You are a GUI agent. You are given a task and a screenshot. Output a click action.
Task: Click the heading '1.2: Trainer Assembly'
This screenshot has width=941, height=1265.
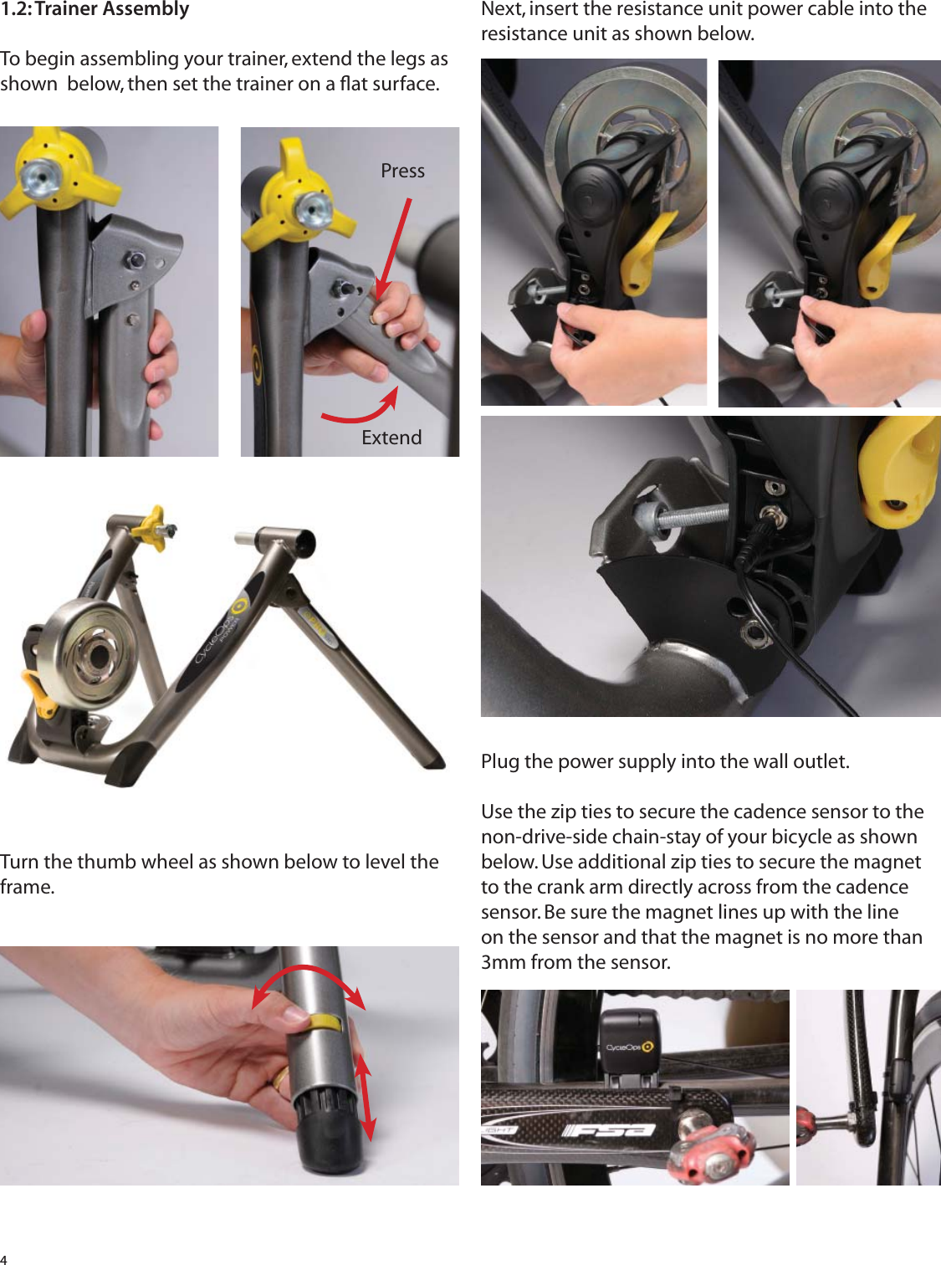tap(95, 10)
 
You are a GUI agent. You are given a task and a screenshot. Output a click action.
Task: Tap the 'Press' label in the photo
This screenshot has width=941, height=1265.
tap(402, 171)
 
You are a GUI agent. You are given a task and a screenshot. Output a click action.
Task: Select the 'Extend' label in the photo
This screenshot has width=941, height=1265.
tap(391, 438)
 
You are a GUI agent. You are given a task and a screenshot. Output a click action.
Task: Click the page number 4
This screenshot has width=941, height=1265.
tap(4, 1258)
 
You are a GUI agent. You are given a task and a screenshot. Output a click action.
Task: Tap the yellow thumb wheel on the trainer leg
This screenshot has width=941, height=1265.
tap(325, 1022)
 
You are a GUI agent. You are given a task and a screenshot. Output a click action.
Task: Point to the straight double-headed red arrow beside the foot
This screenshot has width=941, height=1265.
tap(364, 1096)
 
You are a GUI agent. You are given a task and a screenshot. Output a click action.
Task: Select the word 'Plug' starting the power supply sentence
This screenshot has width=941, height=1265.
tap(499, 761)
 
